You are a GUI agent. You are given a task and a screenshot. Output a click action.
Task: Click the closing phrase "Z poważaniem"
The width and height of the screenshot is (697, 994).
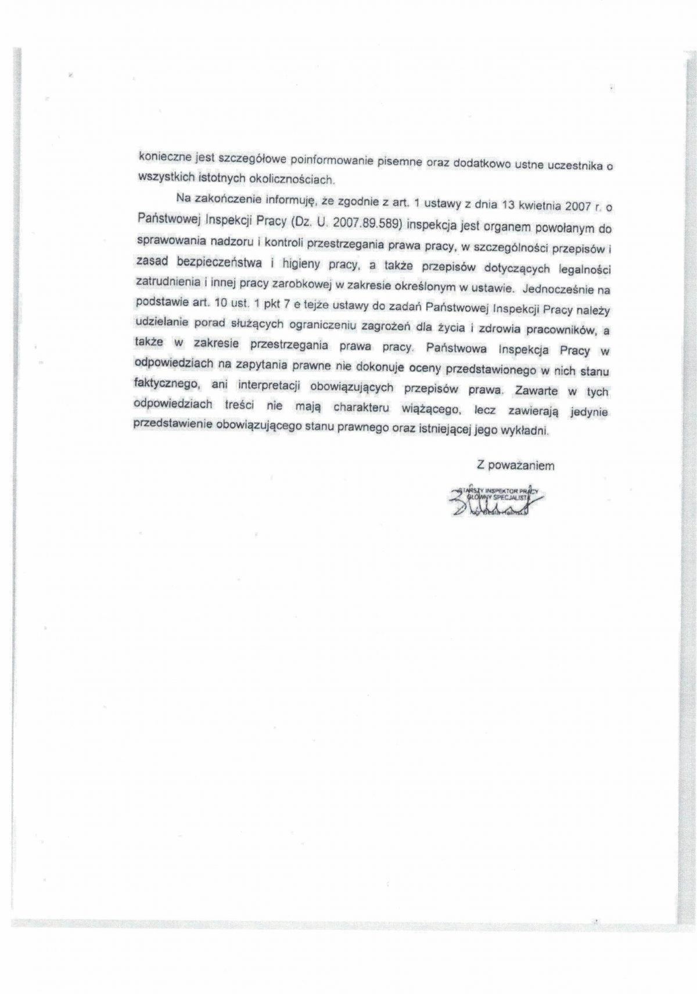point(515,465)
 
